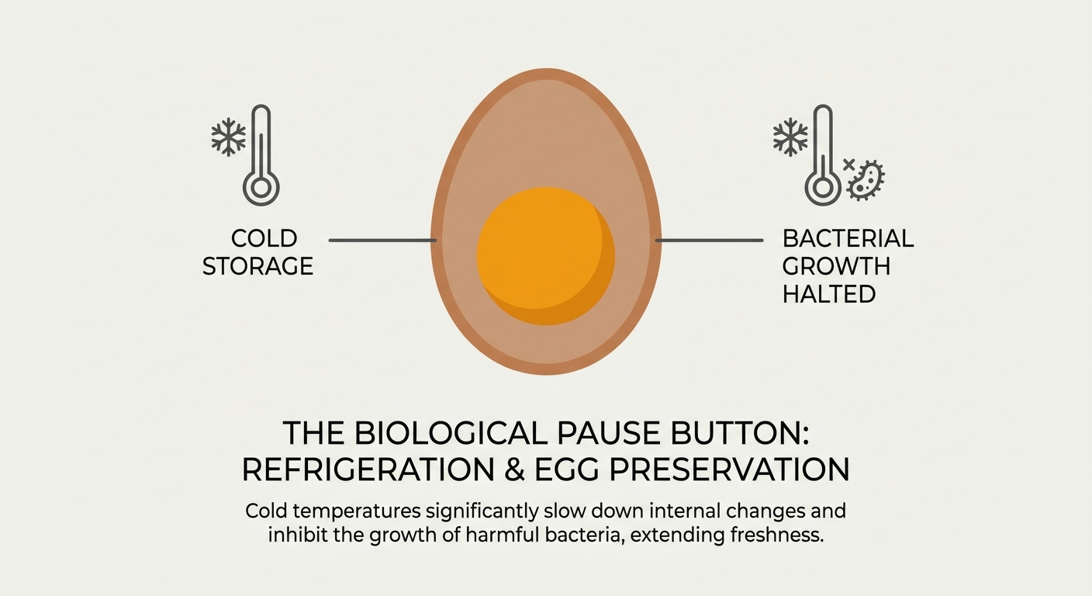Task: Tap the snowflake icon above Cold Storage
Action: tap(228, 137)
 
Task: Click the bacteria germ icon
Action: tap(867, 180)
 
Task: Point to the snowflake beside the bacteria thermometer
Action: tap(790, 137)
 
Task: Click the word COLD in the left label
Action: tap(264, 238)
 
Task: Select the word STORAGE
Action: tap(257, 266)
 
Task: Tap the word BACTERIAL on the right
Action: tap(848, 238)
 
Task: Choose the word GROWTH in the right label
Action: tap(836, 266)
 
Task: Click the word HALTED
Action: tap(828, 294)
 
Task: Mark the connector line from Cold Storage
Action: tap(382, 241)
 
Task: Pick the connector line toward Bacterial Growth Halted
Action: tap(709, 241)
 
